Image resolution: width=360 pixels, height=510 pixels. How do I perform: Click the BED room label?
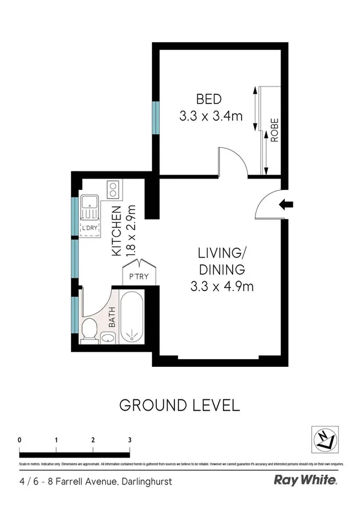209,99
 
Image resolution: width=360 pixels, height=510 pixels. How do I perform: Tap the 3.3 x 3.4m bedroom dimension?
210,116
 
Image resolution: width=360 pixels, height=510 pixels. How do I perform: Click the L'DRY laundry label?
90,227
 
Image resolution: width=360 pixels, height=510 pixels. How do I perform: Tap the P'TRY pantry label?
139,277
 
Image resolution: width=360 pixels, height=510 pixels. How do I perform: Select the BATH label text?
111,318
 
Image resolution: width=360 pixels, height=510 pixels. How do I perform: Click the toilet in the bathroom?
89,330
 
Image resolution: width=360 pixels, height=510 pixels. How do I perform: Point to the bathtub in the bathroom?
130,316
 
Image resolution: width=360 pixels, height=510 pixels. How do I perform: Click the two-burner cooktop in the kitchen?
112,189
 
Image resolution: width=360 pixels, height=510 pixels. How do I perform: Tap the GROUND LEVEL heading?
180,405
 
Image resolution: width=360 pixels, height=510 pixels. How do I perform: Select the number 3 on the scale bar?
130,440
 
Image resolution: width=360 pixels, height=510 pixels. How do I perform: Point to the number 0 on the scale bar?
20,440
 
